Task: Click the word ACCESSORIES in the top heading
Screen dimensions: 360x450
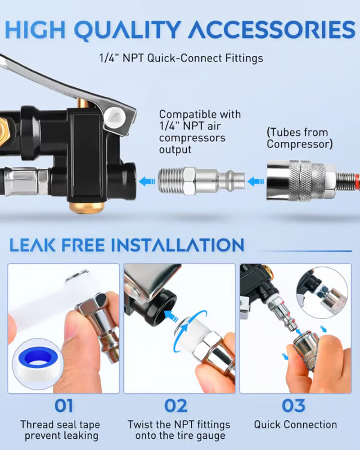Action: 271,30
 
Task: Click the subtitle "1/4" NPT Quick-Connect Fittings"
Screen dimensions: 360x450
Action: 181,58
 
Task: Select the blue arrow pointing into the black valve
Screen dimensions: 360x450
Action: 147,181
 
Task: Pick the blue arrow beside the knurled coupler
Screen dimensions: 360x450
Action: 256,181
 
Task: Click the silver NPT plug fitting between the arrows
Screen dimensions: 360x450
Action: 201,181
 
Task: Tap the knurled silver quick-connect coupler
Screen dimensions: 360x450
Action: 307,180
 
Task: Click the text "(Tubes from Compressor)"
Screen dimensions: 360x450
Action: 299,138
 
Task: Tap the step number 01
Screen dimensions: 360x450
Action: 63,406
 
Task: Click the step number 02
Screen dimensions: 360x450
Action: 175,406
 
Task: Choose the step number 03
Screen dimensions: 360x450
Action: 293,406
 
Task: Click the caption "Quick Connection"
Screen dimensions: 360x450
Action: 295,424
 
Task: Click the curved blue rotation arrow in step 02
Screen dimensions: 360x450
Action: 189,330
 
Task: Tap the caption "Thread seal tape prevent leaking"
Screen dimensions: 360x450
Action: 61,430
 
